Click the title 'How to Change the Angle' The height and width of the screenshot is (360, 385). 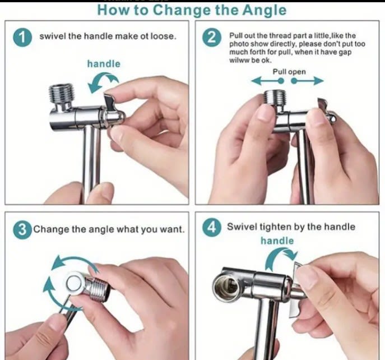point(191,10)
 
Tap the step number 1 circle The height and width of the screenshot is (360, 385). point(22,38)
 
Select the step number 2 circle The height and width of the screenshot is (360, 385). point(211,38)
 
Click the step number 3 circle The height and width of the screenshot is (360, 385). point(22,229)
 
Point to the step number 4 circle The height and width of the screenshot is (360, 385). point(211,228)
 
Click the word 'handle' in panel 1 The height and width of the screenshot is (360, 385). point(104,64)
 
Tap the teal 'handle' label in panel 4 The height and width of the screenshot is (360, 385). point(277,241)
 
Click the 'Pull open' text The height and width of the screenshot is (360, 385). point(289,72)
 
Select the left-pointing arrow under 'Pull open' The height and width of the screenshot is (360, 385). point(264,81)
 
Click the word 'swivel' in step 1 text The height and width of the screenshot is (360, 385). point(52,36)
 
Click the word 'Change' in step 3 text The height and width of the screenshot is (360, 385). point(50,229)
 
